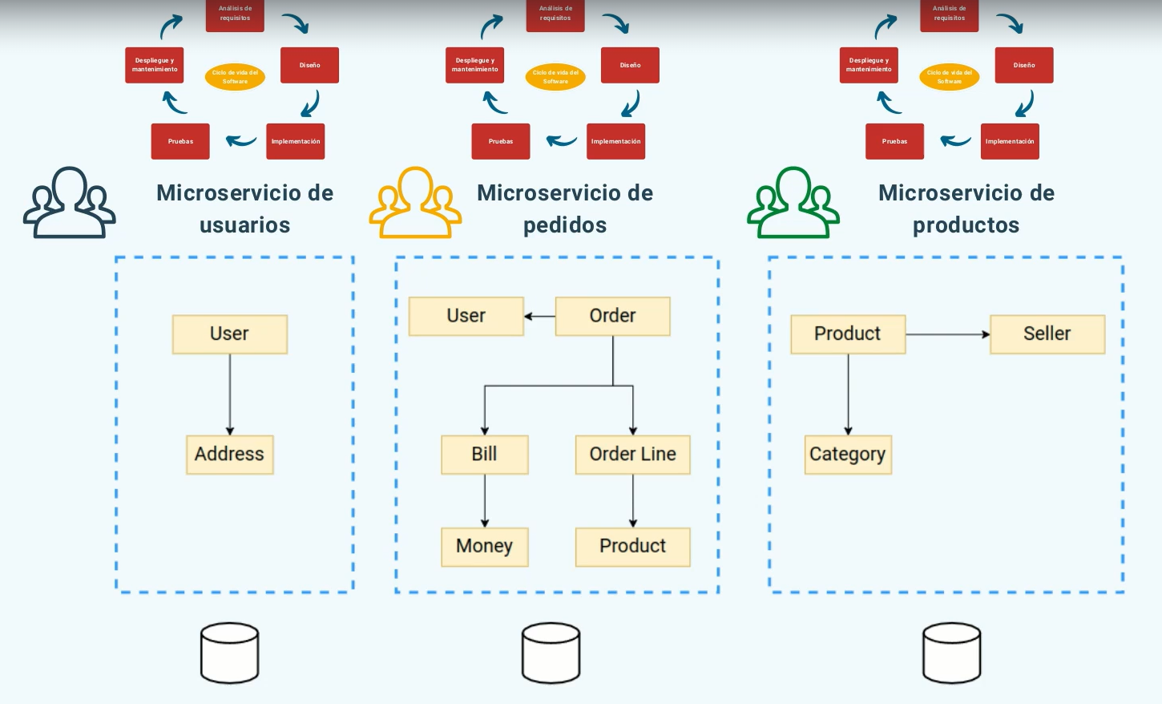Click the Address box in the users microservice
[229, 455]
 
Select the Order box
[612, 316]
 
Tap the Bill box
[484, 455]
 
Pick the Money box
[484, 547]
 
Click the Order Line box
[632, 455]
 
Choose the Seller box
[1047, 334]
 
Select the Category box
[847, 455]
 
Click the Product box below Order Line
[632, 547]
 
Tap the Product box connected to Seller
[847, 334]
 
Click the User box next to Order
[466, 316]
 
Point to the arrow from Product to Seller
[947, 334]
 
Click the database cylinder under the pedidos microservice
[551, 653]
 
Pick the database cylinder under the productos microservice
[951, 653]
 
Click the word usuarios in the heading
[244, 225]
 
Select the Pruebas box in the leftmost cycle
[180, 141]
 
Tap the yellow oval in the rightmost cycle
[949, 77]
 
